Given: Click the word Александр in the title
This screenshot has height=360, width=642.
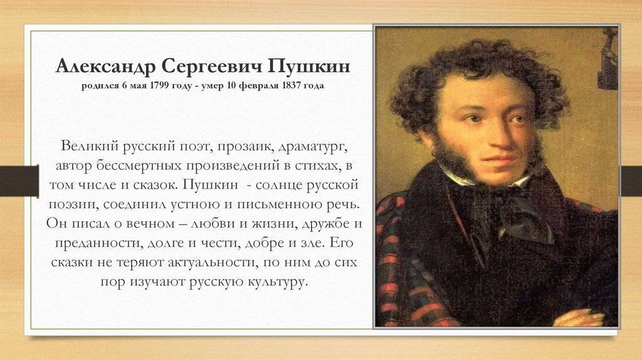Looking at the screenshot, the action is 105,66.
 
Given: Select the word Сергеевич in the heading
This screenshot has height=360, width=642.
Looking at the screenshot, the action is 211,66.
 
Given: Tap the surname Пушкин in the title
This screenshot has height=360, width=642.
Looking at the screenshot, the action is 308,66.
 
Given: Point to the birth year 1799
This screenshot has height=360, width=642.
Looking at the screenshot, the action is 160,85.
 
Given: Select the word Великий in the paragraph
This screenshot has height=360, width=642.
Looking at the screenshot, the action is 90,146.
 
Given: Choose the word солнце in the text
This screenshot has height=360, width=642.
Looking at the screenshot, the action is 278,185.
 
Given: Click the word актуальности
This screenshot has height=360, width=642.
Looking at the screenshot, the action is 213,262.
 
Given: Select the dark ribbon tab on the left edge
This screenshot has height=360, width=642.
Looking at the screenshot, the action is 19,181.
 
